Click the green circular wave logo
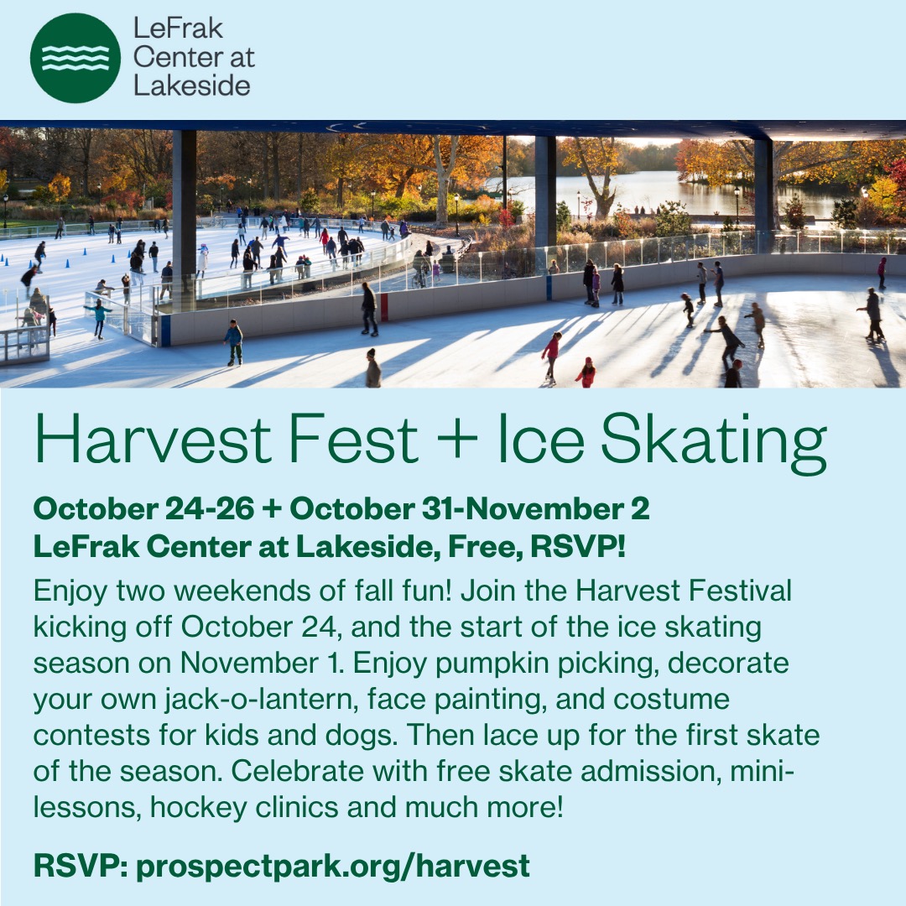75,58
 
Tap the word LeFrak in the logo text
178,29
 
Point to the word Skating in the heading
714,443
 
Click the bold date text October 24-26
144,509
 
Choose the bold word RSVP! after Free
578,547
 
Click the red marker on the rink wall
384,307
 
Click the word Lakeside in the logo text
192,86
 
